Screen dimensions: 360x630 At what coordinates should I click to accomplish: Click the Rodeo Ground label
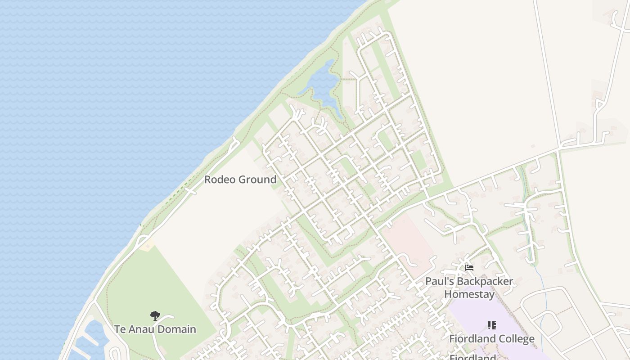tap(240, 180)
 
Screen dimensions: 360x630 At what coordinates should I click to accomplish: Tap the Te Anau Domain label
tap(155, 329)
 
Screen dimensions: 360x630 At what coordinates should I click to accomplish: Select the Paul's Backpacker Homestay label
tap(469, 288)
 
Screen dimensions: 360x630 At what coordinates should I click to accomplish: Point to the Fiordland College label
tap(492, 339)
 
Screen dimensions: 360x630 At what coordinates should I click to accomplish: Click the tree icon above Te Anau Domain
tap(155, 315)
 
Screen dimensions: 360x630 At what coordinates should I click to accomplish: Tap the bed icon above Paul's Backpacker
tap(469, 268)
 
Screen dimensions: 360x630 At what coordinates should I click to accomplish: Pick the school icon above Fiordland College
tap(492, 325)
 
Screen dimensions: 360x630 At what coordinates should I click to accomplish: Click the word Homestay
tap(469, 294)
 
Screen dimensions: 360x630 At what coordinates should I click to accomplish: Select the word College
tap(513, 339)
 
